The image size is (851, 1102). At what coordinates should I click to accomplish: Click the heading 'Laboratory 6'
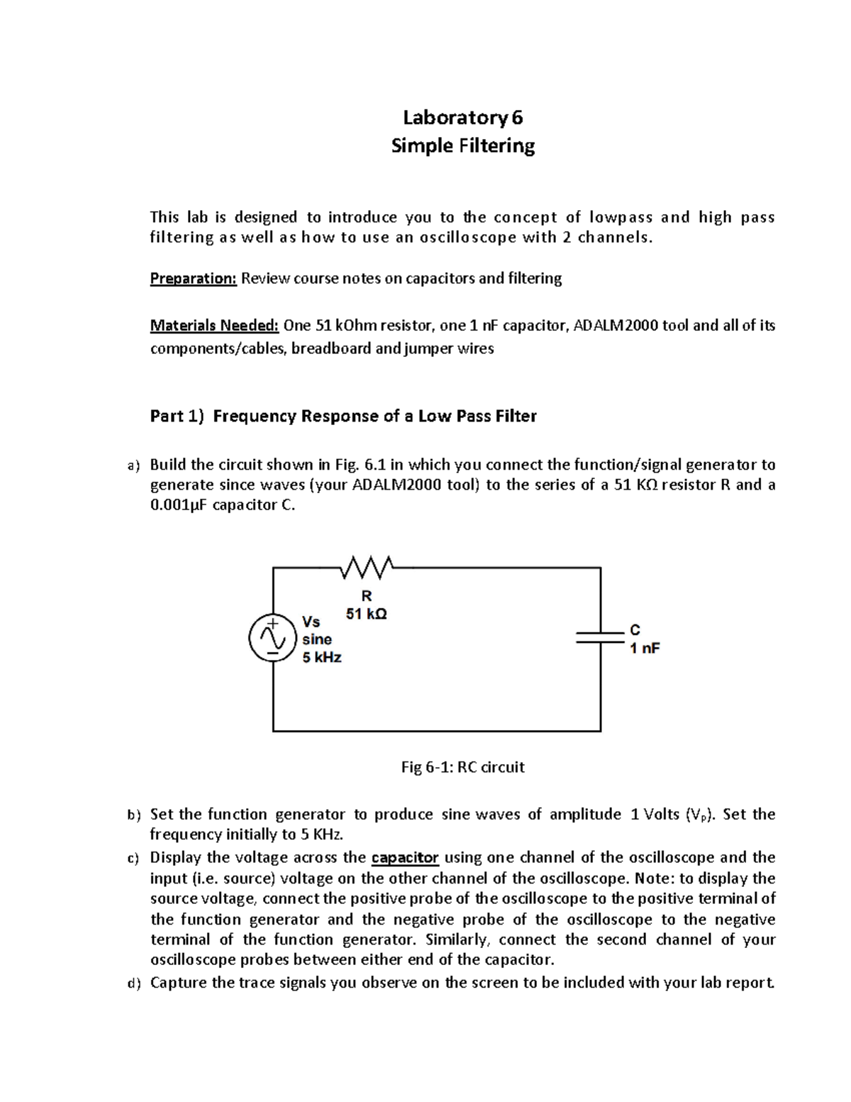point(462,117)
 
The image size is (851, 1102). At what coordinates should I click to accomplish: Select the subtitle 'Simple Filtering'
point(463,146)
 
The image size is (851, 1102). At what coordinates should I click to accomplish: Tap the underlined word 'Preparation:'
point(193,278)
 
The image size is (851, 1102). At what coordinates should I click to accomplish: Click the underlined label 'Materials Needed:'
point(214,326)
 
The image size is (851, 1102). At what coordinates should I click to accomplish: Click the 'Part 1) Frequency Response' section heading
point(343,416)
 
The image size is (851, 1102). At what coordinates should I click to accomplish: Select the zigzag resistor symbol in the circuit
point(367,568)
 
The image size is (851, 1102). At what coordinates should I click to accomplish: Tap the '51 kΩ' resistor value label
point(366,614)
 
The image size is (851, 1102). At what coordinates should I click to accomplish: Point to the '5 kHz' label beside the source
point(322,658)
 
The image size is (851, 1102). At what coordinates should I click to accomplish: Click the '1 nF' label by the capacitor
point(645,648)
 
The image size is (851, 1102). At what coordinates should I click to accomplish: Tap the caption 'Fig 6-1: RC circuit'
point(462,767)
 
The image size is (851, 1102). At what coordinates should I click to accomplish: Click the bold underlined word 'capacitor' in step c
point(405,857)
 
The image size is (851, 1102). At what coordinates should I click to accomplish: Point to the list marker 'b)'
point(134,815)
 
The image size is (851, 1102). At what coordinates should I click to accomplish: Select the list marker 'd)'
point(134,983)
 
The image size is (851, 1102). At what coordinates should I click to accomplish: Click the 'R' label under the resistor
point(367,596)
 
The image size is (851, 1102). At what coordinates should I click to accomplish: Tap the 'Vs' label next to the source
point(311,622)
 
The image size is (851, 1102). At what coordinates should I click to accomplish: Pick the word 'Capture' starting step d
point(179,983)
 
